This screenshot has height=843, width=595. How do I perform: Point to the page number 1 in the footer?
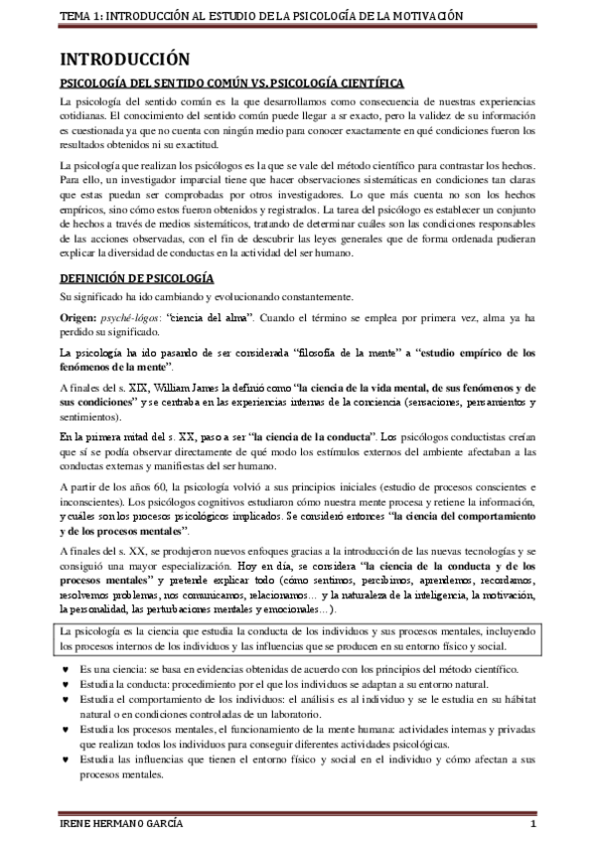tap(533, 828)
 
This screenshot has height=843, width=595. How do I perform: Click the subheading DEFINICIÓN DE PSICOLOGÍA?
tap(137, 279)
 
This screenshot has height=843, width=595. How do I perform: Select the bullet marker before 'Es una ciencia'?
tap(66, 672)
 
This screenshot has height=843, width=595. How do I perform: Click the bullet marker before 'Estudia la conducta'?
tap(66, 687)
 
